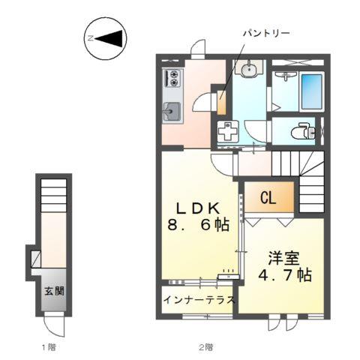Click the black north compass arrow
click(109, 37)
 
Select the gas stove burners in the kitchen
click(173, 77)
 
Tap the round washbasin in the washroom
click(248, 70)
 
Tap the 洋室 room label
click(284, 258)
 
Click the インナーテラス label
click(199, 299)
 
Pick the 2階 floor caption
click(205, 347)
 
